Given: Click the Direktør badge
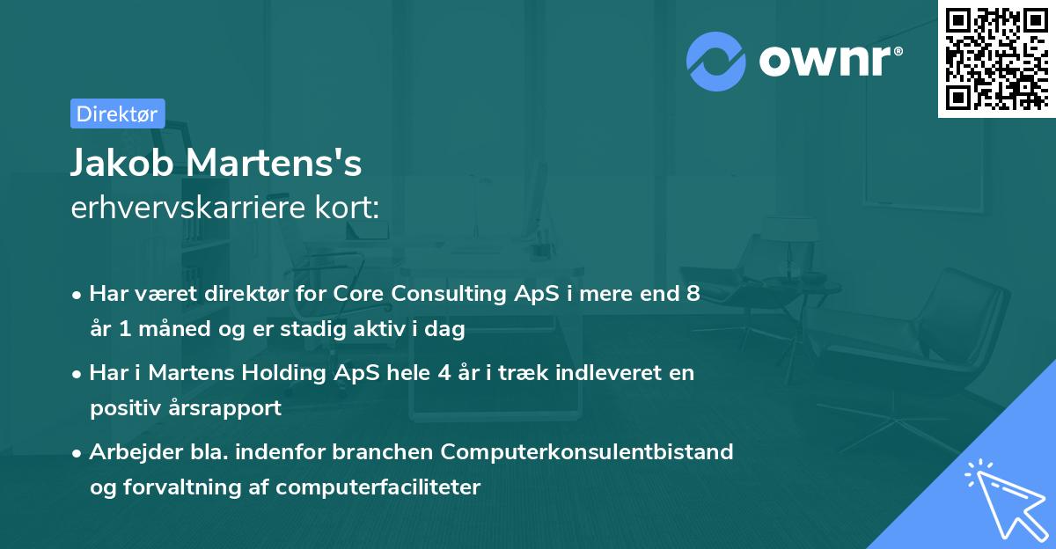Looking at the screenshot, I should (117, 113).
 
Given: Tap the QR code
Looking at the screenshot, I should (997, 58).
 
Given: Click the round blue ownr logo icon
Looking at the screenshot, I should (716, 61).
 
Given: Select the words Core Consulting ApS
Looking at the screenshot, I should (424, 294).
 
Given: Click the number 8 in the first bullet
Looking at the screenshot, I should (693, 294).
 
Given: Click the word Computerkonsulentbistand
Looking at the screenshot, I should (587, 451).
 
